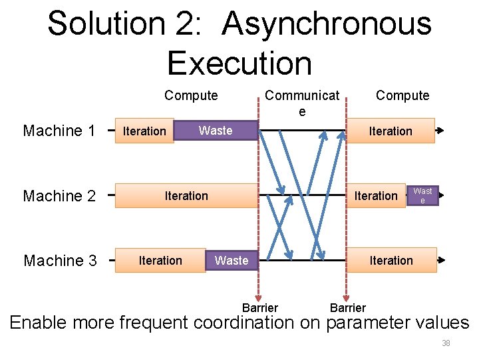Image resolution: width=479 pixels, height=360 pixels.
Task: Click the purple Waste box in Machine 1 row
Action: [215, 131]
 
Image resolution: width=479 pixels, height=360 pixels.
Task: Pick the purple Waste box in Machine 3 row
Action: [232, 261]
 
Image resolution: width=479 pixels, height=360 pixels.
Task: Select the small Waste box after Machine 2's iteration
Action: [422, 195]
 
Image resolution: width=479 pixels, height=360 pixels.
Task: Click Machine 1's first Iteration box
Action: [144, 131]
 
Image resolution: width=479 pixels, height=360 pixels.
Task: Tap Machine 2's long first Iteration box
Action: [186, 196]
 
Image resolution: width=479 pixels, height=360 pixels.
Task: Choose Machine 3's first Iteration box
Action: [160, 261]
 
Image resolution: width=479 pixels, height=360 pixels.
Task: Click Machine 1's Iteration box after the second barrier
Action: [391, 131]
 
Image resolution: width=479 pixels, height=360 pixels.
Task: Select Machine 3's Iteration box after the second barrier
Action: [391, 261]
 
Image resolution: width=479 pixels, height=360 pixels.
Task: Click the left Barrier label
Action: [259, 307]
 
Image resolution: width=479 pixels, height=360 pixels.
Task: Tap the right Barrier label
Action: [347, 307]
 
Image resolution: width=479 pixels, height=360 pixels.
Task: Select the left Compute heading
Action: [191, 95]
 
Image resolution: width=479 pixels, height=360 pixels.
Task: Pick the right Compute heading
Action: [402, 95]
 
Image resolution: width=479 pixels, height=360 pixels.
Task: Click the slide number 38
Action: [446, 343]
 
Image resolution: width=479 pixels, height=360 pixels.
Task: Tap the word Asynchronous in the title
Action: [327, 24]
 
